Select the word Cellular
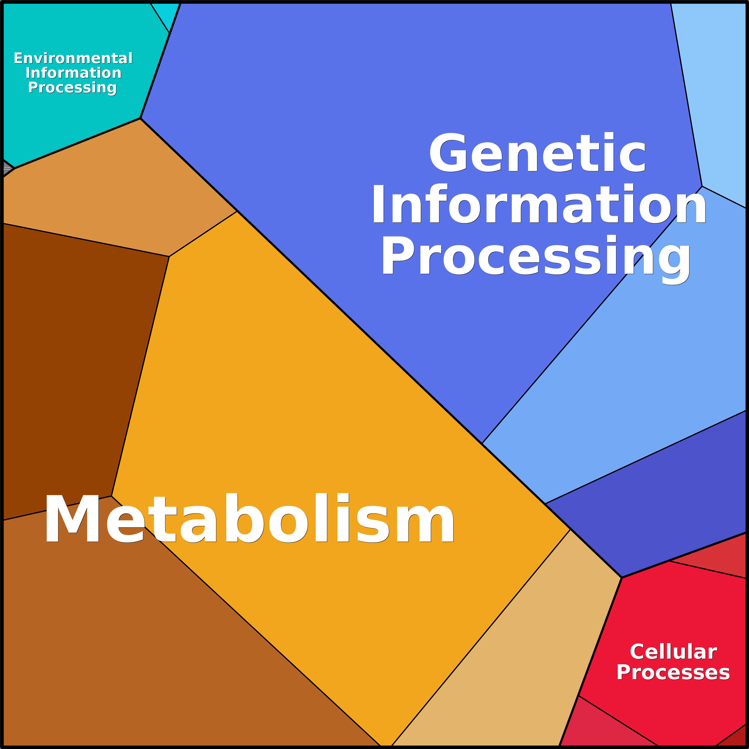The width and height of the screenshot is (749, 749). (x=673, y=652)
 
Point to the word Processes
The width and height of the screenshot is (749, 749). (x=673, y=673)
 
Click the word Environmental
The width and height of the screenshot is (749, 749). (x=73, y=58)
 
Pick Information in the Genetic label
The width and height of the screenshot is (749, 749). (x=539, y=204)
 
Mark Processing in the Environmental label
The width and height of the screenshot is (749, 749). (x=72, y=88)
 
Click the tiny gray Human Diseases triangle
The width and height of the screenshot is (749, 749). (x=7, y=169)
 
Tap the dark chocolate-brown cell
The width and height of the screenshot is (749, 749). (x=78, y=360)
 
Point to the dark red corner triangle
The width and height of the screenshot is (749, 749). (x=736, y=739)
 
